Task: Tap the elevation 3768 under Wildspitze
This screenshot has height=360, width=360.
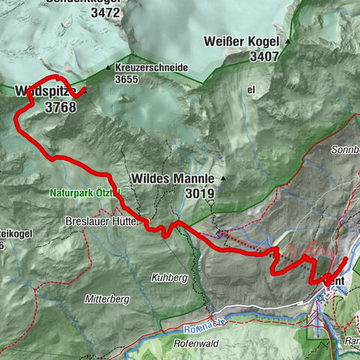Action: [x=60, y=108]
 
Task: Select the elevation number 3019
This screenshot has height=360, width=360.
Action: [x=199, y=193]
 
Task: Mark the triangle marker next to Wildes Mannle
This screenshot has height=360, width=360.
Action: [x=223, y=178]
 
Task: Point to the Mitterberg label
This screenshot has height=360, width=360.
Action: [x=107, y=298]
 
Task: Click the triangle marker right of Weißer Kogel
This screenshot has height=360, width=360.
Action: [x=285, y=41]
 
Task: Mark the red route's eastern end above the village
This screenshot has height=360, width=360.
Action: [x=346, y=259]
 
